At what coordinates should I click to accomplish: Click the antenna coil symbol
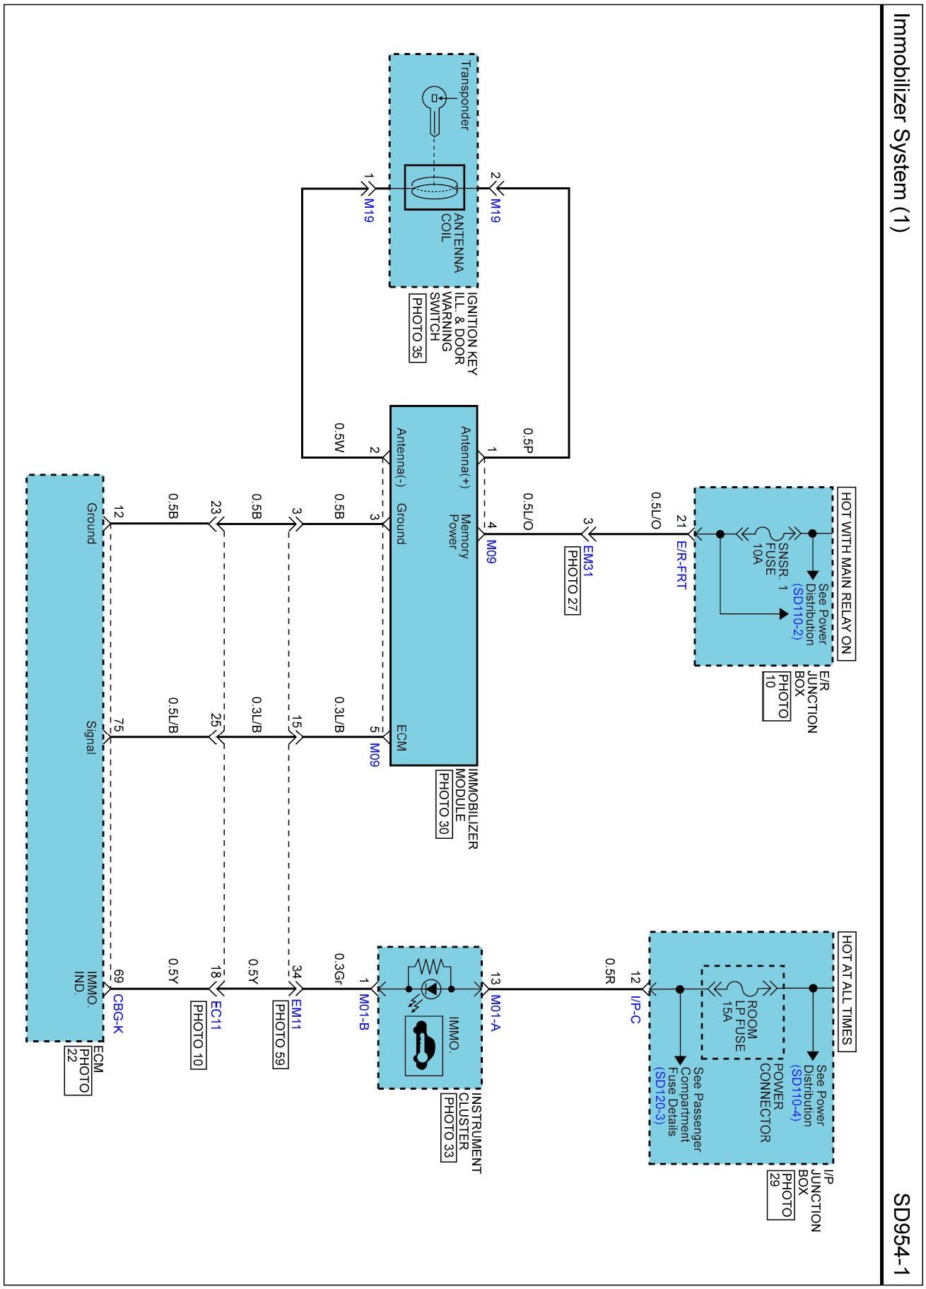[434, 188]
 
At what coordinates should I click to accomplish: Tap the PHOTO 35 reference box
[418, 327]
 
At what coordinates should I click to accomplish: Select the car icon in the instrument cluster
[423, 1046]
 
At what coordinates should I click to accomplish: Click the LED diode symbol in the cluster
[429, 988]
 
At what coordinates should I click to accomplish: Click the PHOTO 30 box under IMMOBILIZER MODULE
[443, 804]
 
